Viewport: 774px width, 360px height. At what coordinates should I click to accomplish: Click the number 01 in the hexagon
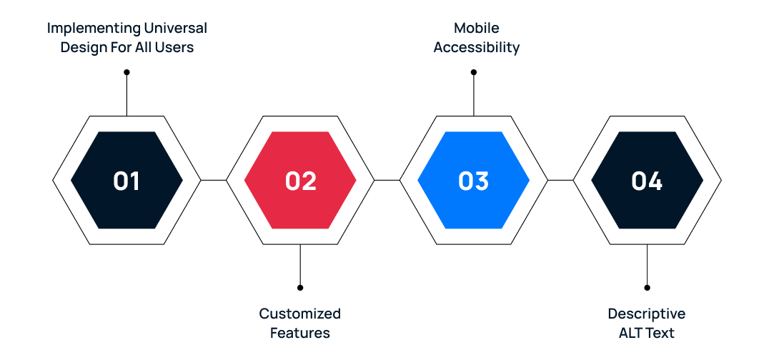tap(126, 181)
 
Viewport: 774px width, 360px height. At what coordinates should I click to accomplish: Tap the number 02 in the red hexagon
tap(300, 181)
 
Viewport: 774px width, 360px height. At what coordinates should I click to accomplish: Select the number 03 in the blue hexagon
tap(473, 181)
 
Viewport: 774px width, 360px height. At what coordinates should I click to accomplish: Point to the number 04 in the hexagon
tap(647, 181)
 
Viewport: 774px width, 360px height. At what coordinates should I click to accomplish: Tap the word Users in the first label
tap(175, 48)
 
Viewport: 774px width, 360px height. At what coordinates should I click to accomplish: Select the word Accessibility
tap(477, 48)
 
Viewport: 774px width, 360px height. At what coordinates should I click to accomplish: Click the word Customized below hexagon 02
tap(300, 314)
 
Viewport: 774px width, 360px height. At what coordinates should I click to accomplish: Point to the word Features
tap(300, 333)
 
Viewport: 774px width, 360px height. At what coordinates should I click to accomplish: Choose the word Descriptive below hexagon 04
tap(647, 314)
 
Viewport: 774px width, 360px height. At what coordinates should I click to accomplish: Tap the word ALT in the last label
tap(631, 333)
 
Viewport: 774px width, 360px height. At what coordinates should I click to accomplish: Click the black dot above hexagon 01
tap(126, 72)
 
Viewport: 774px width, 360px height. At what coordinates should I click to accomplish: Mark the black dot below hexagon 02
tap(300, 288)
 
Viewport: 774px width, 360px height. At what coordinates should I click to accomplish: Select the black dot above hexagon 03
tap(474, 72)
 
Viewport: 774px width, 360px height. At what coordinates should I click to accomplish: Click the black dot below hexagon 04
tap(647, 288)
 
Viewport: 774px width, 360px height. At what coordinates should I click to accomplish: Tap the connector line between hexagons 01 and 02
tap(213, 180)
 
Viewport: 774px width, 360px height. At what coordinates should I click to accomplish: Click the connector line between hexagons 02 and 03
tap(387, 180)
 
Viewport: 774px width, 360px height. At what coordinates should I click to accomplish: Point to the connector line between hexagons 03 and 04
tap(560, 180)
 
